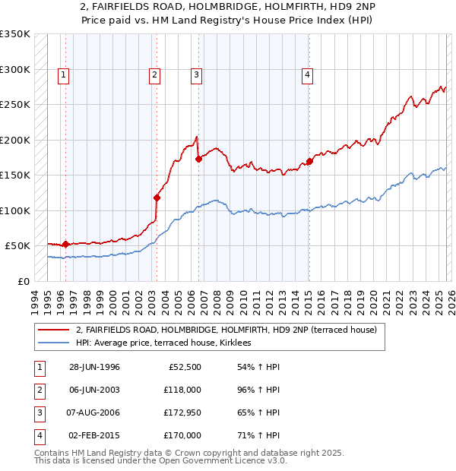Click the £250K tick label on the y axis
click(x=15, y=105)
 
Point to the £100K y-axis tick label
click(x=15, y=210)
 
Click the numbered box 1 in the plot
click(x=62, y=74)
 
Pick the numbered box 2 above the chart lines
click(x=154, y=74)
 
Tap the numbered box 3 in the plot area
click(x=196, y=74)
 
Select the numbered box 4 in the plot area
click(x=307, y=74)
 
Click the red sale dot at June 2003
click(x=157, y=198)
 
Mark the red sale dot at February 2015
click(x=309, y=161)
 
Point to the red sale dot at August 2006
click(x=198, y=159)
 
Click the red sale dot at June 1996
click(x=65, y=244)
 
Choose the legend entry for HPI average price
click(x=169, y=343)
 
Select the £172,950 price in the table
click(x=182, y=415)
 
